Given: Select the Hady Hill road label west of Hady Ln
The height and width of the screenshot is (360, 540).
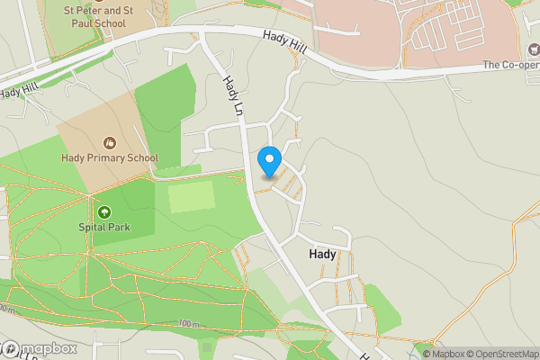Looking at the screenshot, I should [x=20, y=91].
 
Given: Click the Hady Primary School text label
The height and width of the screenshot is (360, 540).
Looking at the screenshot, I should [x=110, y=158].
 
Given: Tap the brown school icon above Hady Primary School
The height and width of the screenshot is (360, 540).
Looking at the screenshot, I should [x=110, y=143].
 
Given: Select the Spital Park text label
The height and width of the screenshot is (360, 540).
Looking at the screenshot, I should [x=104, y=227].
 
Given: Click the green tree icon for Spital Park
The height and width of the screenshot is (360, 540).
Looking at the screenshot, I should [x=104, y=212].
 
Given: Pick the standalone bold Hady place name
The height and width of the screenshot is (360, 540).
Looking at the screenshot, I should [x=322, y=255].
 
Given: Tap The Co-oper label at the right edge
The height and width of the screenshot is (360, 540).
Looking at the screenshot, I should [x=510, y=65].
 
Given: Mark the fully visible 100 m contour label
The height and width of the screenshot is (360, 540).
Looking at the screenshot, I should [x=187, y=324].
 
